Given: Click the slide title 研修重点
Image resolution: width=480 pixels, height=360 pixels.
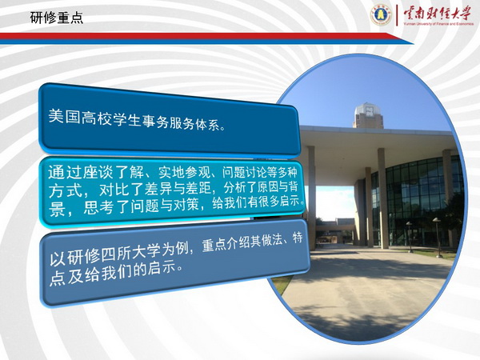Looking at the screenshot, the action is (x=57, y=18).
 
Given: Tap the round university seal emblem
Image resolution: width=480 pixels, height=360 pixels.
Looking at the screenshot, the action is (x=381, y=14).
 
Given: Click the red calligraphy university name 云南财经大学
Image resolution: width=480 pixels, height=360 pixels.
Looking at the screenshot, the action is (x=438, y=13).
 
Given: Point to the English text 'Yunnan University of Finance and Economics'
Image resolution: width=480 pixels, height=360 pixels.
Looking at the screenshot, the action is (x=438, y=23).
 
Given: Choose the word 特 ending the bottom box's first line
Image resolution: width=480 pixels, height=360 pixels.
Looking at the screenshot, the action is (x=298, y=238).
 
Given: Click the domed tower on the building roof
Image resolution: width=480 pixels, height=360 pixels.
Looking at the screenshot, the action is (x=368, y=115).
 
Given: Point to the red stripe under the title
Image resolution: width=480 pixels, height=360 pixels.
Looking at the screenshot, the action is (x=196, y=36).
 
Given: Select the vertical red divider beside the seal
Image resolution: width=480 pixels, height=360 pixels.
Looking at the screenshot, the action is (x=397, y=15).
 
